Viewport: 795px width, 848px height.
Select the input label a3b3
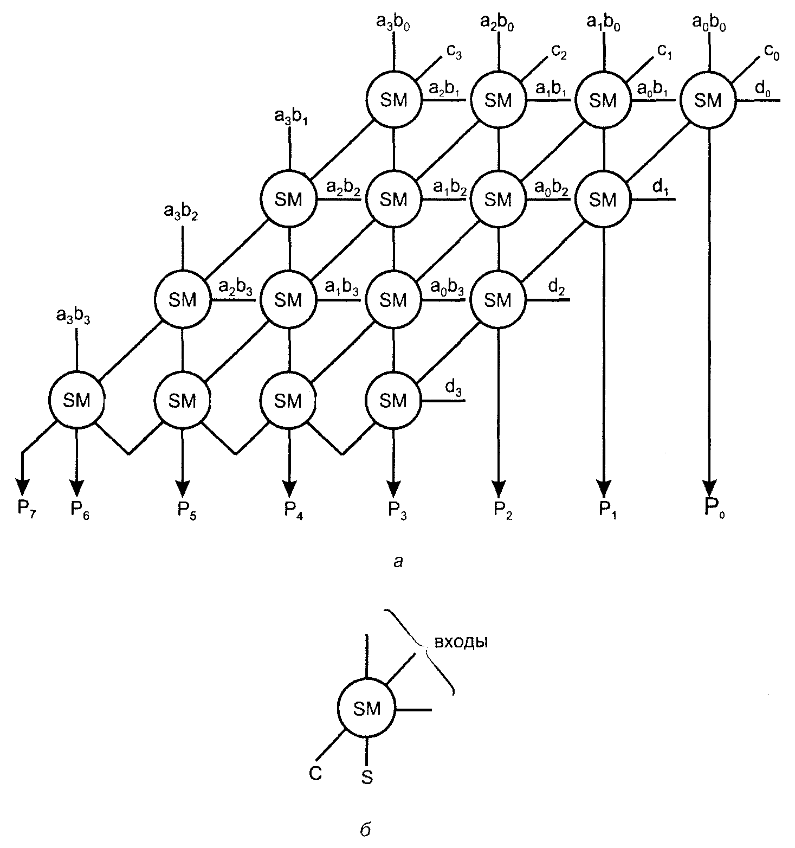[73, 316]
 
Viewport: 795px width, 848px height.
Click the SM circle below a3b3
[76, 400]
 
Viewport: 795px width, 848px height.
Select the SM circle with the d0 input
[708, 100]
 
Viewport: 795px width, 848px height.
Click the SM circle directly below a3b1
[288, 200]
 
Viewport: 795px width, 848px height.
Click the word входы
[461, 642]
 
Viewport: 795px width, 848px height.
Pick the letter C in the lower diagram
[316, 773]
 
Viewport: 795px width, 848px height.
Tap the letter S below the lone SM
[367, 778]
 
